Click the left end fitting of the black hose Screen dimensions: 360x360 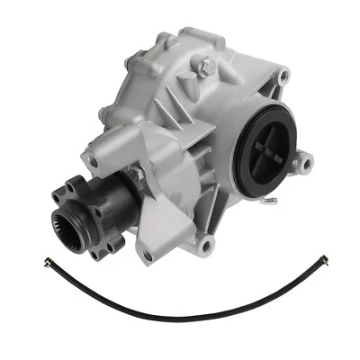coord(49,262)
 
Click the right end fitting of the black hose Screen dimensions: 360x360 coord(323,261)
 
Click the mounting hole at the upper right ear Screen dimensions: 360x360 coord(283,77)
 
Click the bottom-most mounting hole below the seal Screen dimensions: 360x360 coord(208,244)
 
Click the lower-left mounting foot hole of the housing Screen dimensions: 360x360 coord(148,256)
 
